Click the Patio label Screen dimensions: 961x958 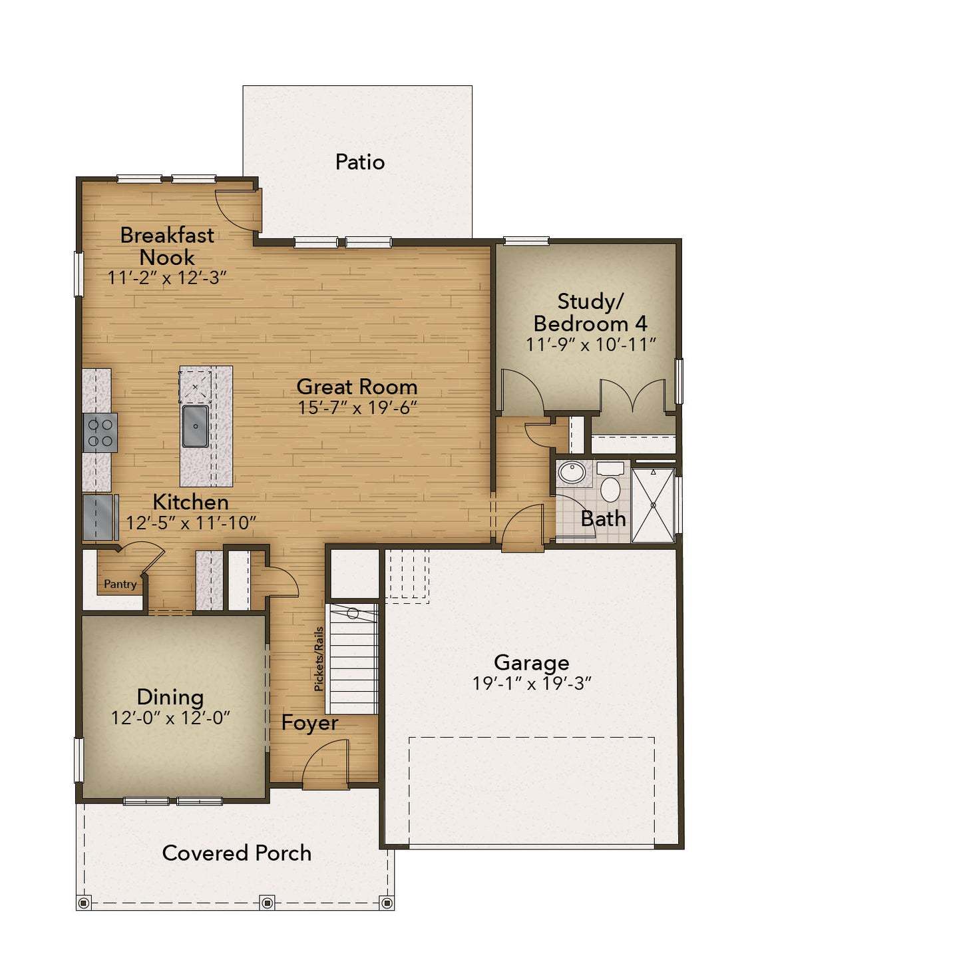(x=359, y=162)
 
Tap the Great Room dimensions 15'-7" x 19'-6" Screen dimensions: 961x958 (x=357, y=408)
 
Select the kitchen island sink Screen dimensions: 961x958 (x=194, y=426)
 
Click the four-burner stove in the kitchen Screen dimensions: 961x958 (x=100, y=433)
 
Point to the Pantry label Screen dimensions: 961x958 (x=120, y=584)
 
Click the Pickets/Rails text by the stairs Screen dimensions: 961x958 (x=319, y=659)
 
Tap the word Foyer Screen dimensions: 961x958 (x=309, y=722)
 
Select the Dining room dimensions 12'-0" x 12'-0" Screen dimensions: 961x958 (x=170, y=718)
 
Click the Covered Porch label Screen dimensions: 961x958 (x=236, y=853)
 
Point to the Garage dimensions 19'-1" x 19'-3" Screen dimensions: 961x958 (x=532, y=683)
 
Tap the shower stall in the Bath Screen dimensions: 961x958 (x=653, y=505)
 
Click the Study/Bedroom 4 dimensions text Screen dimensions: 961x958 (x=590, y=344)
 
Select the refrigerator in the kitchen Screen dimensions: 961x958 (x=100, y=517)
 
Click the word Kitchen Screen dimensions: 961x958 (x=190, y=502)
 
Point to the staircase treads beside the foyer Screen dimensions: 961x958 (x=352, y=658)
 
